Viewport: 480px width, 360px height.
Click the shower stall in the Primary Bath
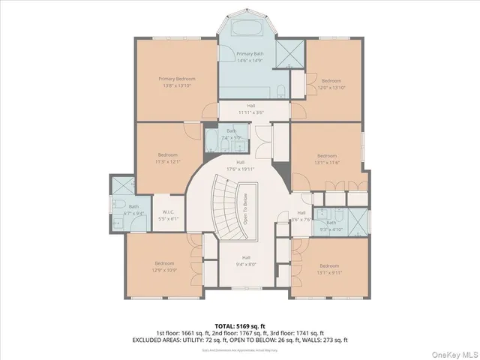click(289, 52)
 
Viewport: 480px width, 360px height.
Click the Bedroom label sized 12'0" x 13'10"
click(331, 80)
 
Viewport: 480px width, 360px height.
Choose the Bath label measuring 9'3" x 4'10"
click(331, 226)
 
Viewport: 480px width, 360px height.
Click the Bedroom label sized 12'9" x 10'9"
click(165, 266)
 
